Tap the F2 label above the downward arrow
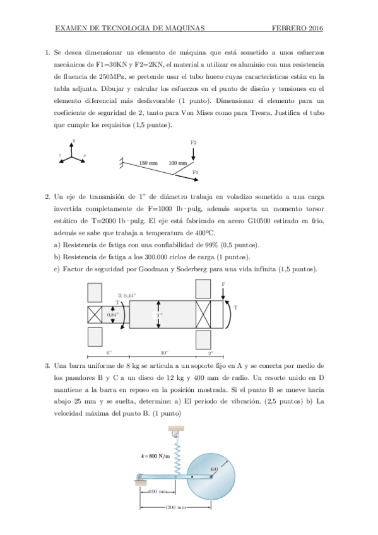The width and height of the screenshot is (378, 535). pos(193,143)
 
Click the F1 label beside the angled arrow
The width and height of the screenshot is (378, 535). pos(195,172)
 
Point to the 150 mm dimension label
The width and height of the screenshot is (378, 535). pos(148,163)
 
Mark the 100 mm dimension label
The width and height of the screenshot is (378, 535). pos(178,163)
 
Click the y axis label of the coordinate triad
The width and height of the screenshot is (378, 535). pos(74,140)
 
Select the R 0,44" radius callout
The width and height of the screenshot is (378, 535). pos(127,295)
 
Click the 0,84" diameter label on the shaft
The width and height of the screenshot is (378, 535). pos(112,314)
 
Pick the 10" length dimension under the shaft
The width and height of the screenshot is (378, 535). pos(163,353)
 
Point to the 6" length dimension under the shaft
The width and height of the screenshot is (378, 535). pos(109,353)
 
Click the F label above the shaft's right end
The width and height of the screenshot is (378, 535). pos(223,285)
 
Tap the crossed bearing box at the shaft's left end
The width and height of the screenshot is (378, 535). pos(95,314)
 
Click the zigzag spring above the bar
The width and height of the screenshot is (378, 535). pos(177,456)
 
